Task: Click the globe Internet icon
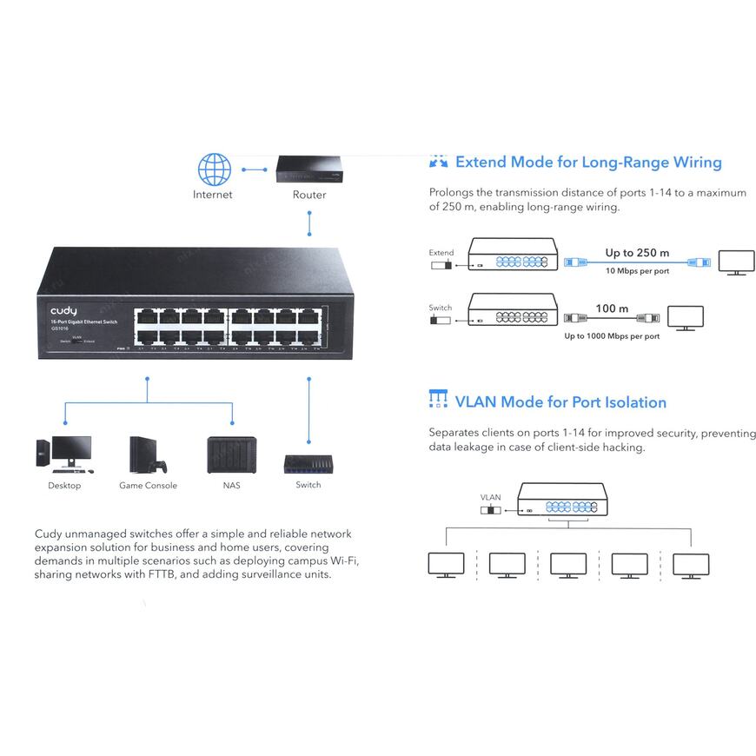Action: tap(214, 169)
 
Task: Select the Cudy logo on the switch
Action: tap(63, 310)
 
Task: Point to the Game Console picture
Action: tap(147, 454)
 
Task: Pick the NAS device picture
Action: tap(232, 454)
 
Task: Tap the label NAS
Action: tap(231, 485)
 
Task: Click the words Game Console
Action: tap(148, 485)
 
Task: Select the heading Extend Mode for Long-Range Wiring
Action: tap(588, 162)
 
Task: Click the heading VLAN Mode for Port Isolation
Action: tap(560, 402)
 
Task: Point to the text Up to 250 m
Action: tap(637, 253)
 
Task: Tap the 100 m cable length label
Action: tap(612, 308)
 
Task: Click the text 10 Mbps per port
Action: tap(637, 271)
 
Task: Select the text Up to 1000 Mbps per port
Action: tap(612, 335)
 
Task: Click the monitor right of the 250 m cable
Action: tap(735, 262)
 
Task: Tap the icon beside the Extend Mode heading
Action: tap(439, 162)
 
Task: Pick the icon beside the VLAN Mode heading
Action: tap(439, 401)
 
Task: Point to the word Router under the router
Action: tap(309, 195)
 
